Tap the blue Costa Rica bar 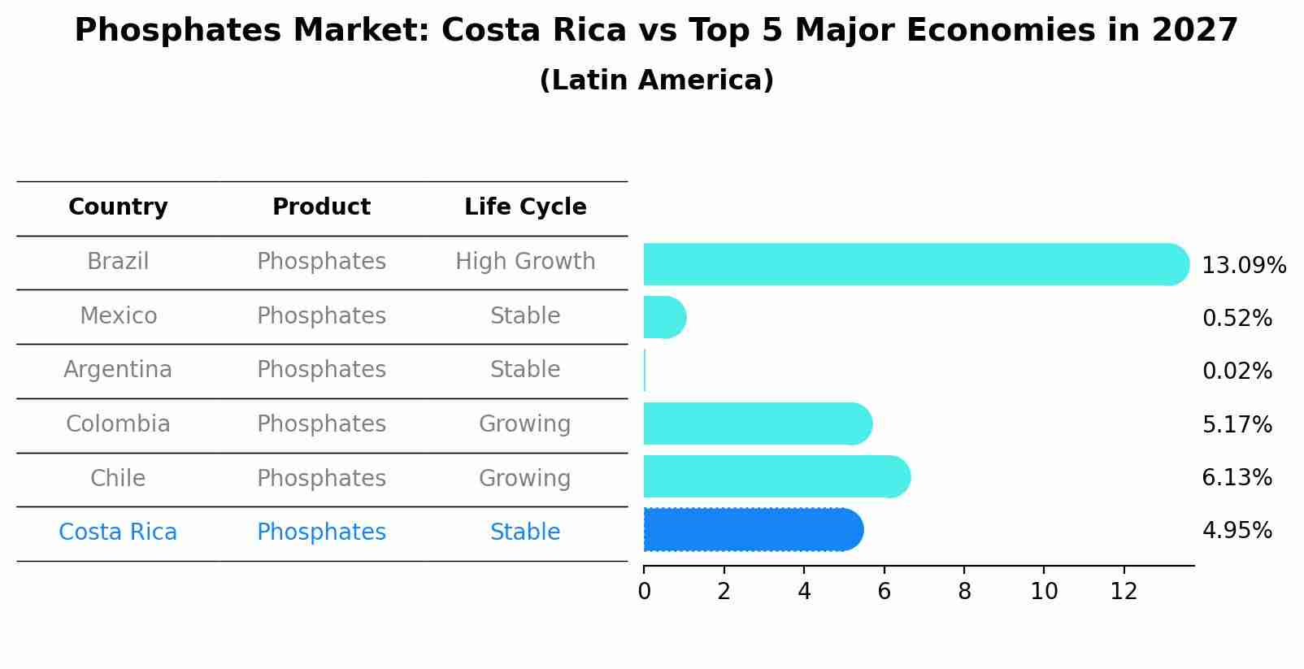[752, 530]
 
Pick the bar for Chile [776, 476]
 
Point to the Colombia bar [756, 424]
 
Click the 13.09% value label [1243, 266]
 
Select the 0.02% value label [1237, 371]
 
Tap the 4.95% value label [1237, 531]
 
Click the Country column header [118, 207]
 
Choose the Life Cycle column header [525, 207]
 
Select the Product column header [321, 207]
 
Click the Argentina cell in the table [118, 370]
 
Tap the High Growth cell [525, 262]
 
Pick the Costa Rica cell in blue [118, 532]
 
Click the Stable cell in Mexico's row [525, 316]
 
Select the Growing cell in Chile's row [525, 478]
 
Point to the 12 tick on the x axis [1124, 592]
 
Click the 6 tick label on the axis [884, 592]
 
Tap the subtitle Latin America [656, 80]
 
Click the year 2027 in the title [1194, 31]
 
